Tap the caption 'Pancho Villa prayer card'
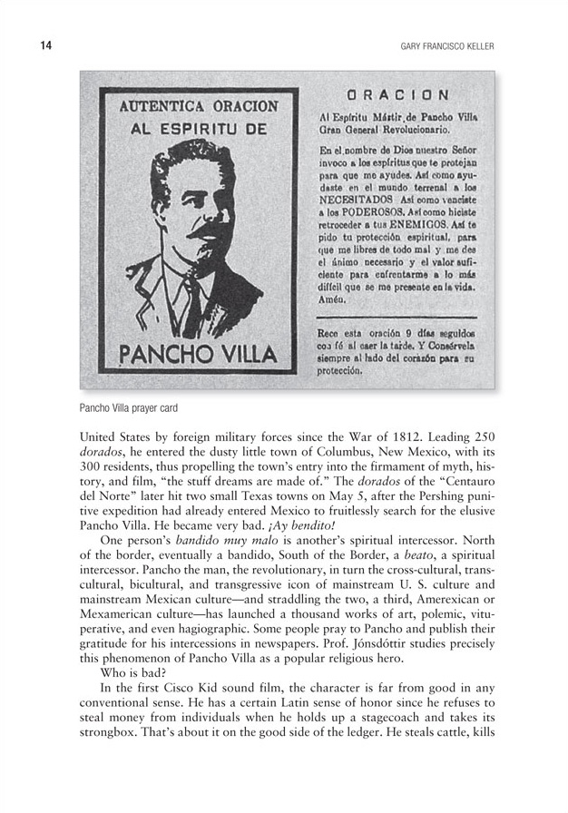[132, 408]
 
